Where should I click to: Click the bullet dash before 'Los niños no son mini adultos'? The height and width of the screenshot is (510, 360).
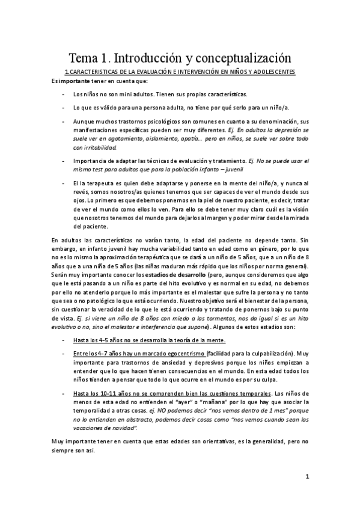[x=64, y=94]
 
